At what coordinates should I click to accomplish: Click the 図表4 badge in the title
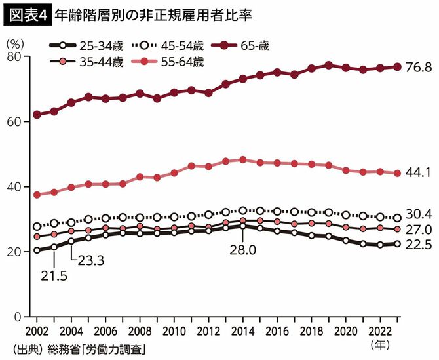pyautogui.click(x=24, y=14)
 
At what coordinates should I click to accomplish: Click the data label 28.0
pyautogui.click(x=242, y=250)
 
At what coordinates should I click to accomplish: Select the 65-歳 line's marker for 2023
pyautogui.click(x=396, y=66)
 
